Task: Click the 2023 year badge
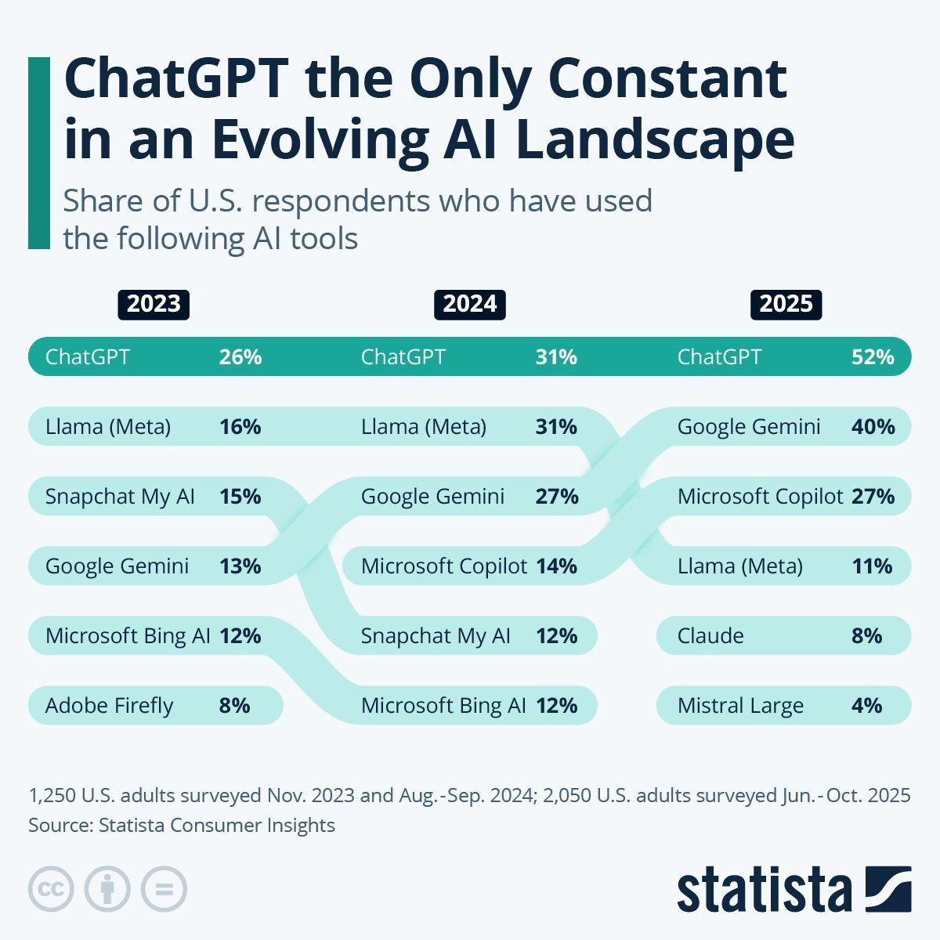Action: (x=154, y=304)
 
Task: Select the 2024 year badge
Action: (x=469, y=304)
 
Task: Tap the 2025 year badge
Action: (x=786, y=304)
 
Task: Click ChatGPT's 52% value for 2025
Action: (x=873, y=357)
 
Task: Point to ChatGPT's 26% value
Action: (x=240, y=357)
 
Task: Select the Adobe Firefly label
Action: (x=109, y=706)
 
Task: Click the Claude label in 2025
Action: (x=710, y=635)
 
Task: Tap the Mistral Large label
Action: (x=740, y=706)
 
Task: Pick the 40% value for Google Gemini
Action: (x=873, y=427)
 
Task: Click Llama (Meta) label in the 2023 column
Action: (x=108, y=427)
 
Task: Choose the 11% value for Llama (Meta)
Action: (x=872, y=566)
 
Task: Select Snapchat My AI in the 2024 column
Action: (x=436, y=636)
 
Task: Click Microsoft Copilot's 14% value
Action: (x=556, y=566)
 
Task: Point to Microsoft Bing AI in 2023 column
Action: (x=128, y=636)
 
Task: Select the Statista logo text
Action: (x=765, y=890)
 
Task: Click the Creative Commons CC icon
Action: (x=51, y=889)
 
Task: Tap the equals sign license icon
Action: (x=164, y=889)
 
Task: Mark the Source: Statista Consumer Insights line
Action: (x=182, y=825)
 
